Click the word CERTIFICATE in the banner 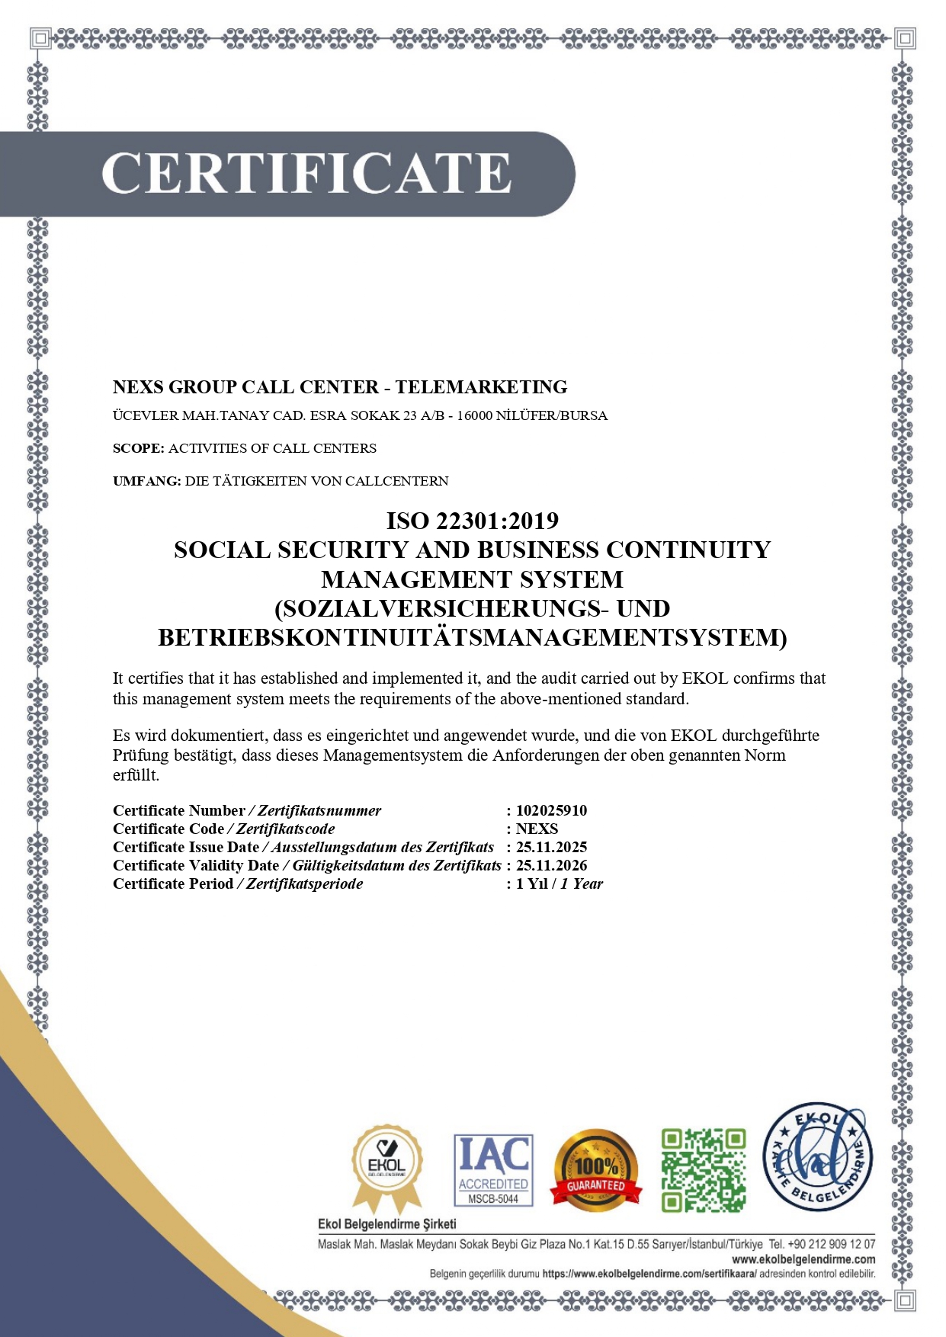point(306,174)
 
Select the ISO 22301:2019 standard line point(472,521)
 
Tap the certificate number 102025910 point(551,810)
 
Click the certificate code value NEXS point(537,829)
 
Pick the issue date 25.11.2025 point(551,847)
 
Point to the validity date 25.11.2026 point(551,865)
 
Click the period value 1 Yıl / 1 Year point(559,883)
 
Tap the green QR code point(703,1170)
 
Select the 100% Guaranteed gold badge point(596,1170)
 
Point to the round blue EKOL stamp point(818,1157)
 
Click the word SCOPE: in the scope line point(138,448)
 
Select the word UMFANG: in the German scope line point(146,481)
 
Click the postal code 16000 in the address point(473,416)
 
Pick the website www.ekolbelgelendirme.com point(803,1259)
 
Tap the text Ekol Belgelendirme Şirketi point(386,1224)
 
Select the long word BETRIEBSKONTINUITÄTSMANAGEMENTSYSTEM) point(472,637)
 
